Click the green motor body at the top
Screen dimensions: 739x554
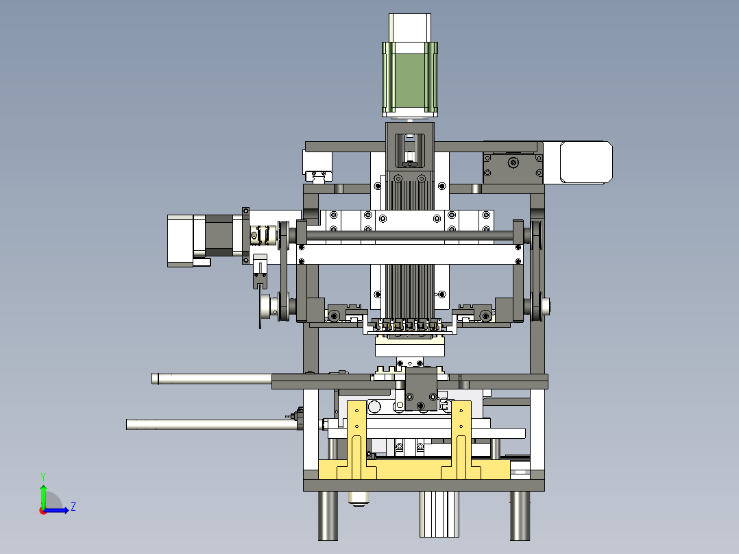click(x=409, y=80)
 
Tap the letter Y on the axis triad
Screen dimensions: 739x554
click(x=43, y=477)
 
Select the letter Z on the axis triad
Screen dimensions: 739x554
click(x=73, y=507)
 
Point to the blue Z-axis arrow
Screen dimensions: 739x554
click(x=56, y=510)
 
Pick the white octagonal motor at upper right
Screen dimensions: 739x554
click(x=586, y=162)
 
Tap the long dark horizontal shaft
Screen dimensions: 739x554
click(x=409, y=235)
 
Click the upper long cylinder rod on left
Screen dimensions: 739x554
click(x=212, y=378)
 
